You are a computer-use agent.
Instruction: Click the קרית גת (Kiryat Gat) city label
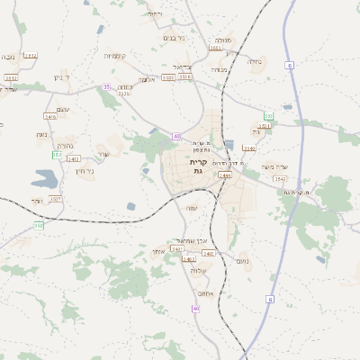(197, 166)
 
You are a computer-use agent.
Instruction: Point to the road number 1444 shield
(224, 175)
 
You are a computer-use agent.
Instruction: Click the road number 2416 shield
(50, 116)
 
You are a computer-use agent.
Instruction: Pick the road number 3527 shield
(54, 198)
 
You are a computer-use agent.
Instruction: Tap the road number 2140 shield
(249, 148)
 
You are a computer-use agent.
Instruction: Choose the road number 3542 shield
(282, 179)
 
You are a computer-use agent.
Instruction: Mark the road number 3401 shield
(189, 259)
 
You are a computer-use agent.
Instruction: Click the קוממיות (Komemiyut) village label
(119, 56)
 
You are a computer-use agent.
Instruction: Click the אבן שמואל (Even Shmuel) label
(193, 239)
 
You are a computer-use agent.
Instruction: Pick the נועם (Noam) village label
(242, 260)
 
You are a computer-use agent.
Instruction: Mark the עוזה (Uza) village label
(192, 209)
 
